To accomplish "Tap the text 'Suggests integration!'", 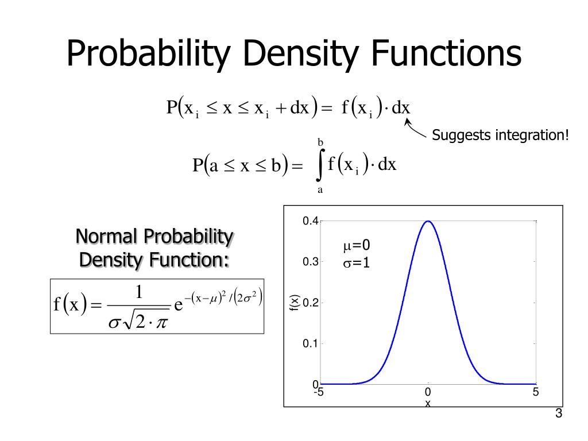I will point(500,136).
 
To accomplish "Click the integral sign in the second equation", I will point(320,165).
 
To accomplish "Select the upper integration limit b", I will point(320,142).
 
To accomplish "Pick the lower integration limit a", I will point(320,189).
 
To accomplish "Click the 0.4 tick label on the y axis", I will point(311,222).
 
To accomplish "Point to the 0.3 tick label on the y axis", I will point(311,262).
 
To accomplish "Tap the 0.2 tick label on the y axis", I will point(311,303).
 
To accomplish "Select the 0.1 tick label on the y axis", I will point(311,344).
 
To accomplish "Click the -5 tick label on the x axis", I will point(319,393).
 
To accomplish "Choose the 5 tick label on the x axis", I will point(535,393).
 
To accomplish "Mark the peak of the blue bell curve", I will point(428,221).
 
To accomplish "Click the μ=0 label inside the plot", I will point(357,246).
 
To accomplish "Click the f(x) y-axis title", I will point(293,303).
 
